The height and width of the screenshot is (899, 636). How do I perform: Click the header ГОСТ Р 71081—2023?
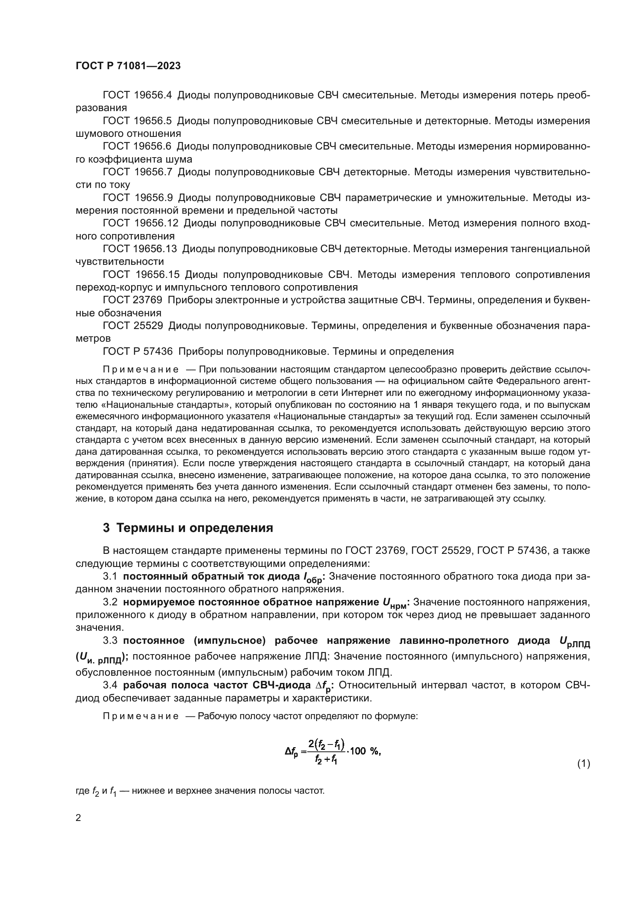tap(128, 66)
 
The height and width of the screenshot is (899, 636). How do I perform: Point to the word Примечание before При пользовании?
tap(141, 370)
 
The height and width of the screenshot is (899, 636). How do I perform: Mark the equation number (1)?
tap(584, 764)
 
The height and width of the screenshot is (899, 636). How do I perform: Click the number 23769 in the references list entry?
tap(148, 300)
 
